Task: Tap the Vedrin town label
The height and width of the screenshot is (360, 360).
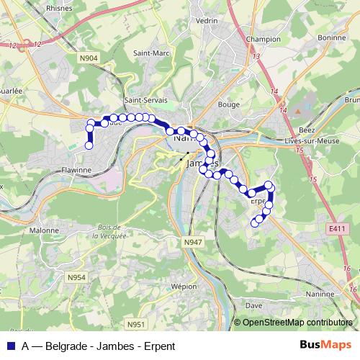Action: [x=207, y=21]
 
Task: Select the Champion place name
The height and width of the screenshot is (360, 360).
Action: [x=263, y=39]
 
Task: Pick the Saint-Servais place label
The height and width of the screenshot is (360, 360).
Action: [x=146, y=100]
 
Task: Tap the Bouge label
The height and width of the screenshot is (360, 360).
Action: [x=229, y=104]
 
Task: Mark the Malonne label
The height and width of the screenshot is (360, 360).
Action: [x=44, y=230]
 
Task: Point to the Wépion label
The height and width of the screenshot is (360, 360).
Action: [x=185, y=286]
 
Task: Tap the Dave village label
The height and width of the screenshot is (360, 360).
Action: [x=254, y=304]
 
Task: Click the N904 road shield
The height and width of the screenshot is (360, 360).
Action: [x=89, y=58]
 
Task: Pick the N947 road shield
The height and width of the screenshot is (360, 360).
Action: [x=192, y=243]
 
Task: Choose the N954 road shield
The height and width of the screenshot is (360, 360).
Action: [x=77, y=277]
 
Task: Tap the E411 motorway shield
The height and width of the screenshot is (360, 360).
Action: [x=336, y=229]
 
